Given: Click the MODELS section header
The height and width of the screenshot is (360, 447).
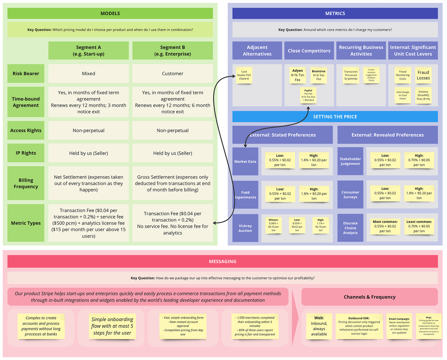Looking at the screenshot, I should (x=110, y=14).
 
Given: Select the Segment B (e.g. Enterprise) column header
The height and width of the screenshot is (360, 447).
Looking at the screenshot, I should (x=173, y=51).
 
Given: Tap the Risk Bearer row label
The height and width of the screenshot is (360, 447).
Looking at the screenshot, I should (x=26, y=74).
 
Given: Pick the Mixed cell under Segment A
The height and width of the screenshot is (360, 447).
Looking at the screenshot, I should (x=88, y=74).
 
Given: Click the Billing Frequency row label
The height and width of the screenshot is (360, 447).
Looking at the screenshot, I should (x=26, y=183).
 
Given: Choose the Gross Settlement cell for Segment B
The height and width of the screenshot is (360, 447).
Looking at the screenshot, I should (x=173, y=183).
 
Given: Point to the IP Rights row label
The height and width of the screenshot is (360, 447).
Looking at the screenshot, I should (x=26, y=153).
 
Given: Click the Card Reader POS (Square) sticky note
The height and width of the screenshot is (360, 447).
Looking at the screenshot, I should (x=244, y=75).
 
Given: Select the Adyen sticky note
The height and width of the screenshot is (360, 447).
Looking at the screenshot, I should (x=297, y=75).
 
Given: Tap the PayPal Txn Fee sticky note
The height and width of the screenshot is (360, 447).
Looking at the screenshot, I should (x=308, y=95).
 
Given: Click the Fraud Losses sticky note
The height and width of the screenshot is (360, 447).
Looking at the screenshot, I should (x=423, y=75).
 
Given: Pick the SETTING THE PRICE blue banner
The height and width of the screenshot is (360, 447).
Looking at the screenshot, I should (x=335, y=117).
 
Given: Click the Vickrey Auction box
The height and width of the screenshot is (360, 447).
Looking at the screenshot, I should (x=245, y=228).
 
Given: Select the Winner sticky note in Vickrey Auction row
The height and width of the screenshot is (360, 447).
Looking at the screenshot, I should (x=273, y=225).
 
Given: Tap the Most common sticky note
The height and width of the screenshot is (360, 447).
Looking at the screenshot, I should (x=385, y=226).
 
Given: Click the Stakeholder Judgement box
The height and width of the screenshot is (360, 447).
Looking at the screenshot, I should (x=350, y=161).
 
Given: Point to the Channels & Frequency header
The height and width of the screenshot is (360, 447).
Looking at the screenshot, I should (x=369, y=297).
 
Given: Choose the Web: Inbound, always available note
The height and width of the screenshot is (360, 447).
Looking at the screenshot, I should (x=319, y=326).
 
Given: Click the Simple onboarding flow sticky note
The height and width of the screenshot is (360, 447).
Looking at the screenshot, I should (x=112, y=326).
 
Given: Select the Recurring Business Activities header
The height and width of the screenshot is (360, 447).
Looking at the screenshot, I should (x=361, y=51).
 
